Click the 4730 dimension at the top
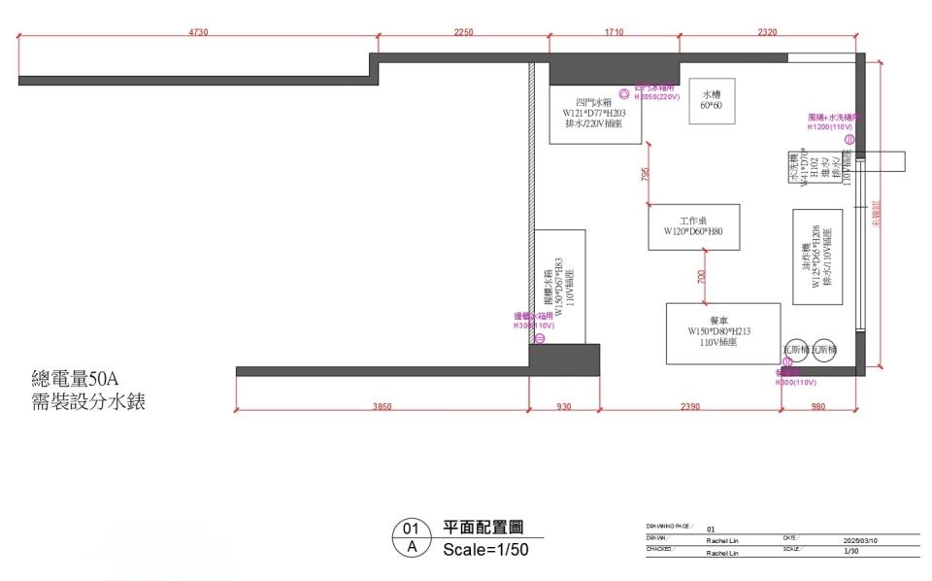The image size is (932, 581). pos(198,32)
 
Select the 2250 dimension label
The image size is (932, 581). pos(463,32)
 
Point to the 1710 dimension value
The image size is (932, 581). pos(614,32)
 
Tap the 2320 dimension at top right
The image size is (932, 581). pos(767,32)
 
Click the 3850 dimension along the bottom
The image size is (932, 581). pos(382,406)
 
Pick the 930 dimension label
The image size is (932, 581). pos(564,406)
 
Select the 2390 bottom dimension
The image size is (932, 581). pos(690,406)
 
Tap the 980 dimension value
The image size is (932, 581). pos(818,406)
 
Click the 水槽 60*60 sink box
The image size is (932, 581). pos(712,100)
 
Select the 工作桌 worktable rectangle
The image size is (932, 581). pos(694,227)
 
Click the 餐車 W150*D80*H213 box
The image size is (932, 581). pos(723,333)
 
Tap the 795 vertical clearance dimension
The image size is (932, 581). pos(645,175)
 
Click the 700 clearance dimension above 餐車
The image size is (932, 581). pos(702,277)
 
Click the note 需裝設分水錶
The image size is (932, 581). pos(88,401)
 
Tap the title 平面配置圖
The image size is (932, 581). pos(483,528)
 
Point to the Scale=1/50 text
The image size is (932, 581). pos(486,549)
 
